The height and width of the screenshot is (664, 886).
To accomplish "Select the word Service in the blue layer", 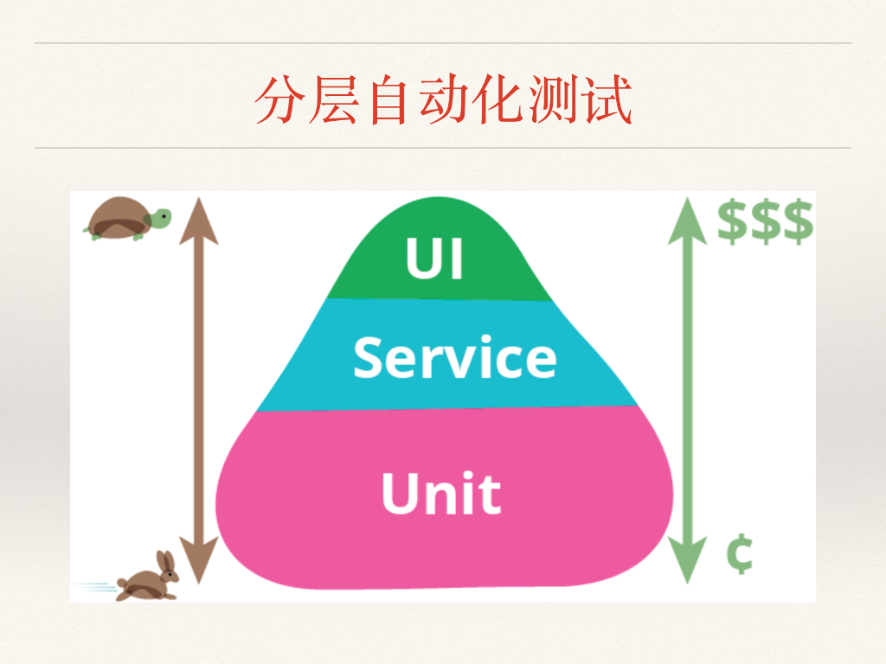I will coord(454,357).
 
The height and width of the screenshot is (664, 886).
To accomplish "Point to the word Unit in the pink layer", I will coord(440,493).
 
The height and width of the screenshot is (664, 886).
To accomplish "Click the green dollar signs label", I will coord(766,222).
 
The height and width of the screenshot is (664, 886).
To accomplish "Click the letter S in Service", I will coord(369,357).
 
